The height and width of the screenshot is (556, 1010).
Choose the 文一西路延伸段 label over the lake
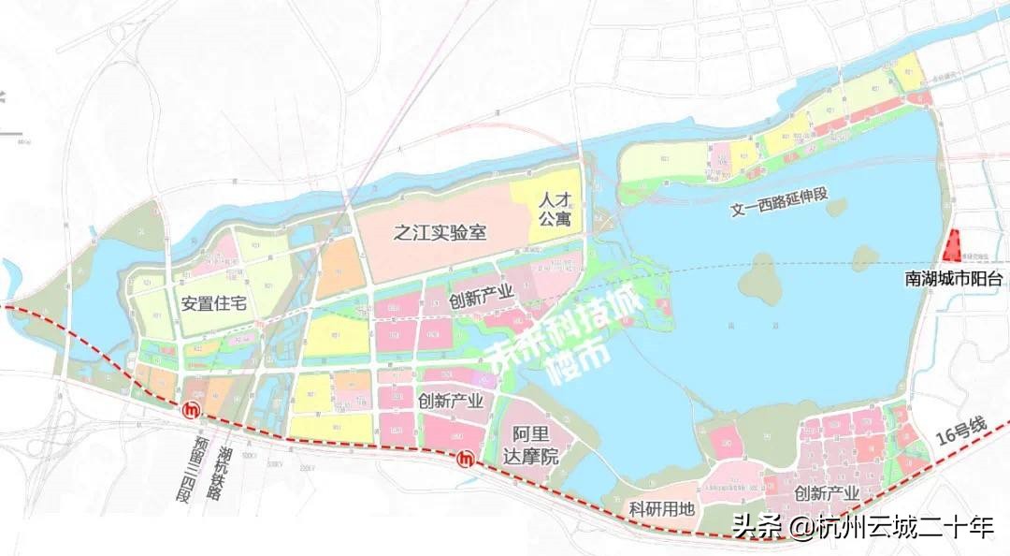coord(781,203)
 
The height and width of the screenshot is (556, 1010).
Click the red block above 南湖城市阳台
coord(954,246)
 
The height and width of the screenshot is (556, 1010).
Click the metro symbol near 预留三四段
coord(192,409)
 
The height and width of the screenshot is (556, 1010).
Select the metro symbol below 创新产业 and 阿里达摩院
coord(466,459)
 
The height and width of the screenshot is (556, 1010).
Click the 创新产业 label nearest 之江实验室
coord(481,296)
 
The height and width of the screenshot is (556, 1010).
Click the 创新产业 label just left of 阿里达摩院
coord(451,402)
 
